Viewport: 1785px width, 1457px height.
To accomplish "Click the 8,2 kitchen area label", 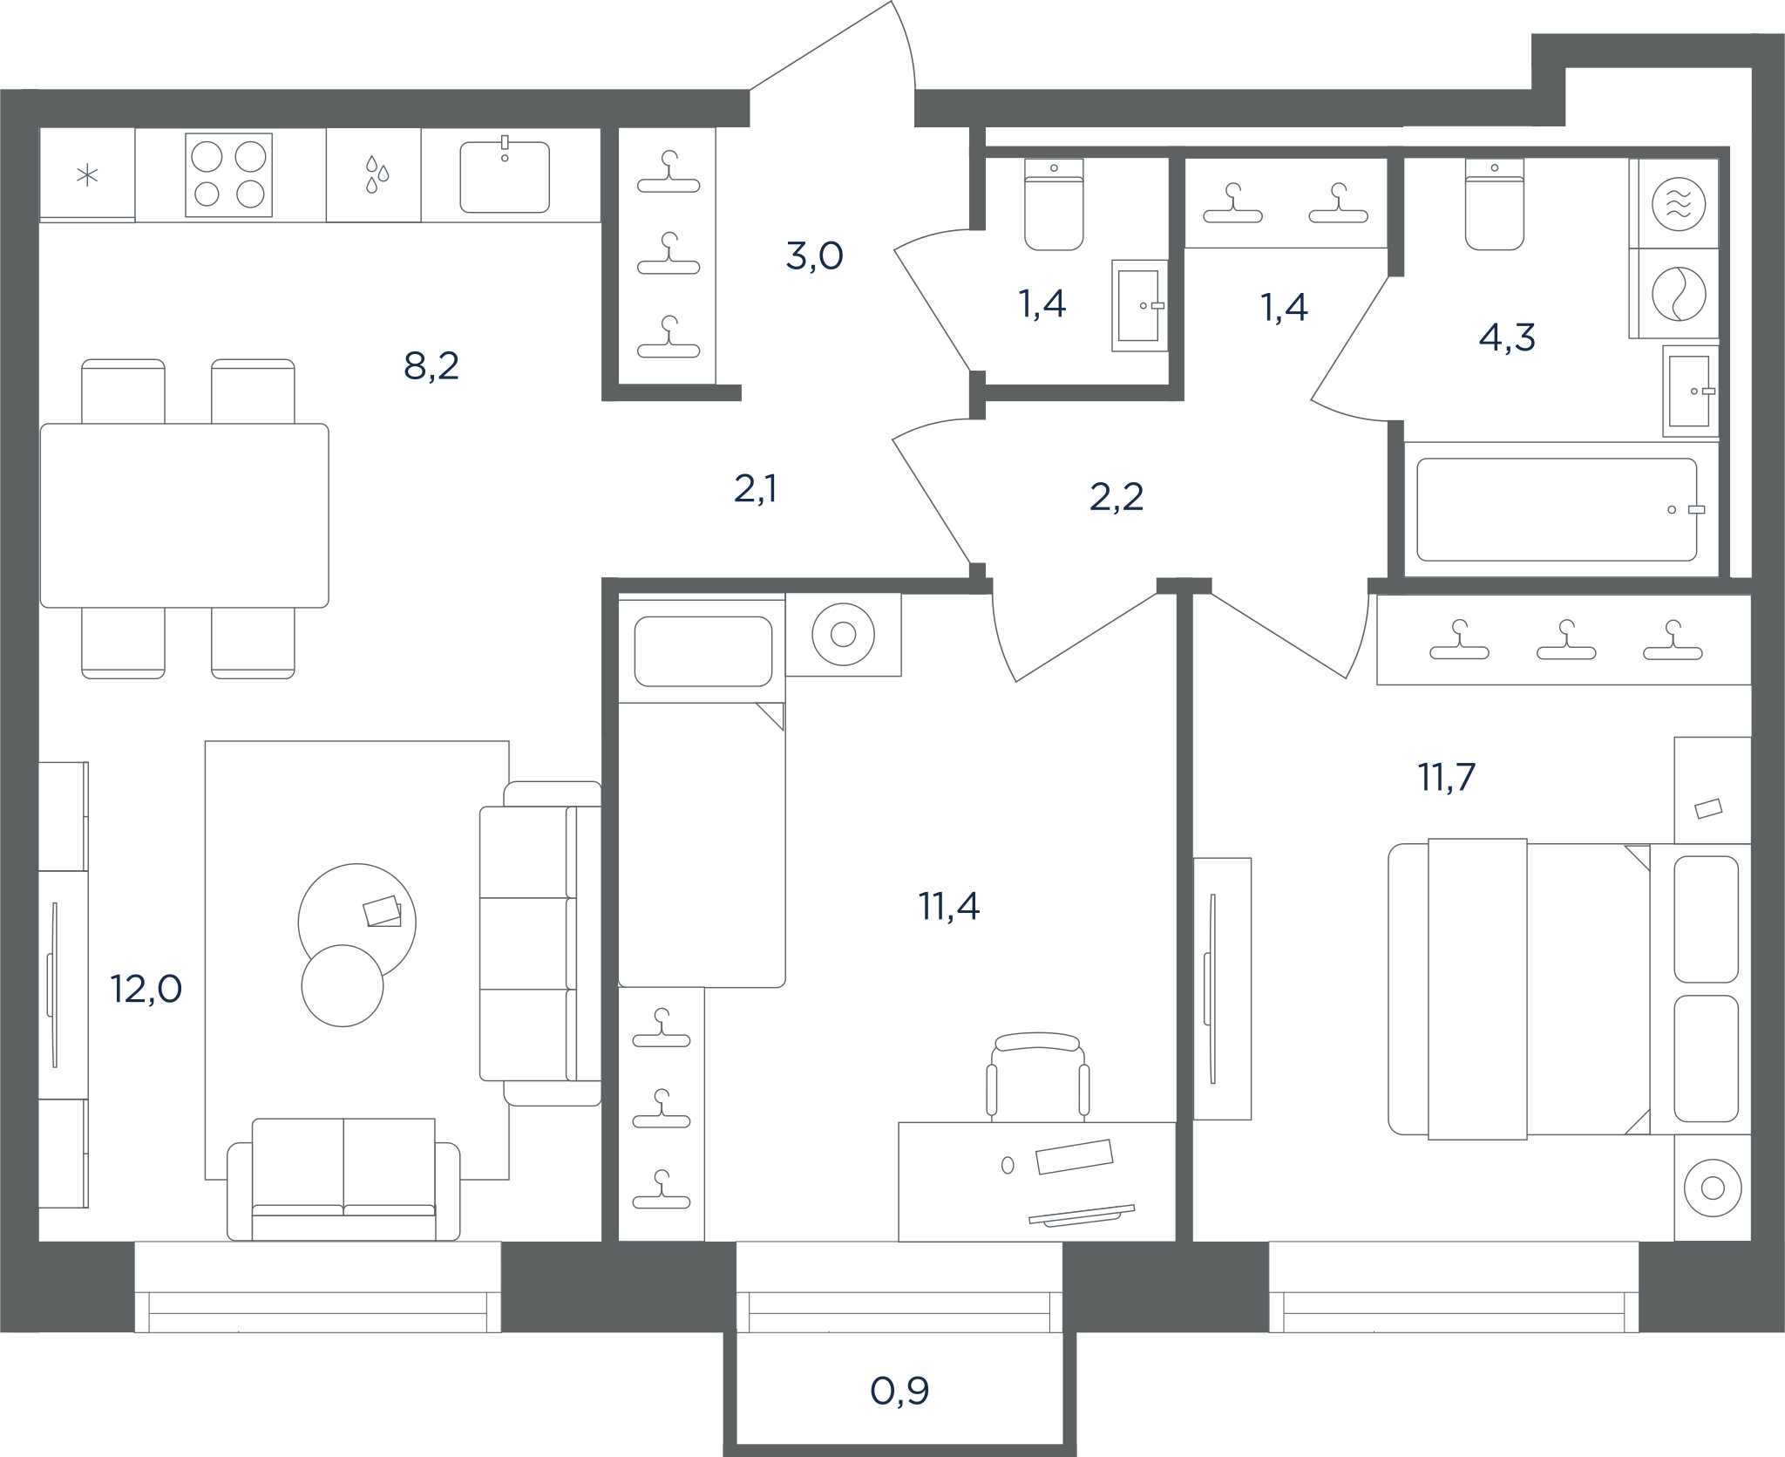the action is tap(431, 366).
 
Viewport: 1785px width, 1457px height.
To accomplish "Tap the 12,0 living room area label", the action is tap(146, 990).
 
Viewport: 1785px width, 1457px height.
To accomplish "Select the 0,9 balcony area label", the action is tap(899, 1391).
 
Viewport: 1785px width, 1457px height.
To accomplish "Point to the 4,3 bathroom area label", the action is tap(1507, 337).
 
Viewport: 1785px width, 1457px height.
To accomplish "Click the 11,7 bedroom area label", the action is tap(1447, 777).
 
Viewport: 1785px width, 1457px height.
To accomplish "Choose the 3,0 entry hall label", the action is tap(814, 256).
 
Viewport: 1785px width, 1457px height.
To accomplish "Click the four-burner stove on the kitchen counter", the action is tap(228, 174).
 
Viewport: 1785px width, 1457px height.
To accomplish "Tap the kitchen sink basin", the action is tap(505, 177).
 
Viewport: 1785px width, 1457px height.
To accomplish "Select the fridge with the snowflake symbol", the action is tap(87, 175).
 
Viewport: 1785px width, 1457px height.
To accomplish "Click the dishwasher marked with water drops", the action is tap(374, 174).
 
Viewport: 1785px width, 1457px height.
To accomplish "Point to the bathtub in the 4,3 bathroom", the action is tap(1557, 509).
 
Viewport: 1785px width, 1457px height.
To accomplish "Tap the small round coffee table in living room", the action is tap(343, 985).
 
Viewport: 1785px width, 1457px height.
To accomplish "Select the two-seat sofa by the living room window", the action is tap(343, 1179).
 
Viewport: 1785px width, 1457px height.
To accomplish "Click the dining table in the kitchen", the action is tap(185, 515).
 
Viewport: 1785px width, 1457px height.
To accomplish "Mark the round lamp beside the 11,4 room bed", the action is tap(843, 635).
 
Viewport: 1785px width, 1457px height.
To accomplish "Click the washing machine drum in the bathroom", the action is tap(1679, 294).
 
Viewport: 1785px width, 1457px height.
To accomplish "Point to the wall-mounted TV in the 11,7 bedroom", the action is tap(1211, 989).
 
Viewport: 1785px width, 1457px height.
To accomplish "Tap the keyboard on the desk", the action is tap(1082, 1214).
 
